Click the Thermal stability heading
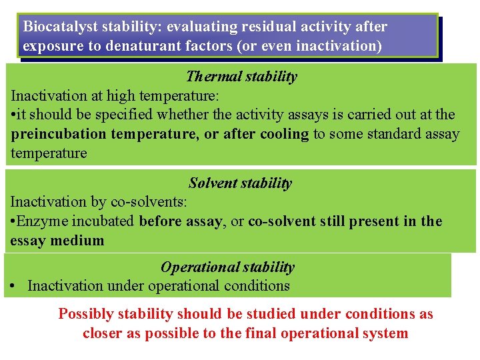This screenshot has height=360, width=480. (x=241, y=76)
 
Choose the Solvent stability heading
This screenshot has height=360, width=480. (x=240, y=183)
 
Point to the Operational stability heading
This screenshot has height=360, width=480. (x=227, y=267)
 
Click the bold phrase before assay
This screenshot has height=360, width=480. (x=181, y=221)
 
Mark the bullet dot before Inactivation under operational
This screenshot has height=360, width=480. (x=14, y=287)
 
